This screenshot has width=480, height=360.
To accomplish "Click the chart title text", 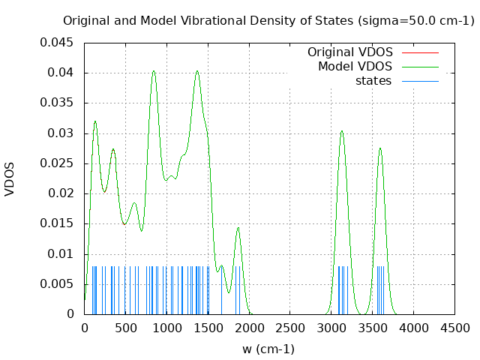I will click(x=268, y=21).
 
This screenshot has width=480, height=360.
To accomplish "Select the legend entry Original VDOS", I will click(x=350, y=52).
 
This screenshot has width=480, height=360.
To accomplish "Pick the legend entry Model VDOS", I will click(x=355, y=67).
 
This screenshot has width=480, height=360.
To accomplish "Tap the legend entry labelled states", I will click(x=373, y=80).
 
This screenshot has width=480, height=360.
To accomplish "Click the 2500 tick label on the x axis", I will click(x=290, y=328).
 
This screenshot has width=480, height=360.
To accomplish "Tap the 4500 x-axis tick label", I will click(x=455, y=328).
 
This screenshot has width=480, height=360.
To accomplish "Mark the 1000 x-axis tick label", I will click(x=166, y=328).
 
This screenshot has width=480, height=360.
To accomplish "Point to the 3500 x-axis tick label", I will click(x=373, y=328).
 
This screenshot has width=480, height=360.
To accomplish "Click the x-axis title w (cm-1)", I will click(x=268, y=349).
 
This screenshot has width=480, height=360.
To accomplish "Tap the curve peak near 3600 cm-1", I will click(x=380, y=148).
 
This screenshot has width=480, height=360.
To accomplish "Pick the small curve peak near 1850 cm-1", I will click(x=238, y=227).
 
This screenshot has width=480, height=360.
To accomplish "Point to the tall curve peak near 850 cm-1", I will click(x=154, y=71).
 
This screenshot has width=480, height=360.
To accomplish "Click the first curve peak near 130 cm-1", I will click(x=95, y=121).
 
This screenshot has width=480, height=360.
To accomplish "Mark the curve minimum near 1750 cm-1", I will click(x=229, y=292).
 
